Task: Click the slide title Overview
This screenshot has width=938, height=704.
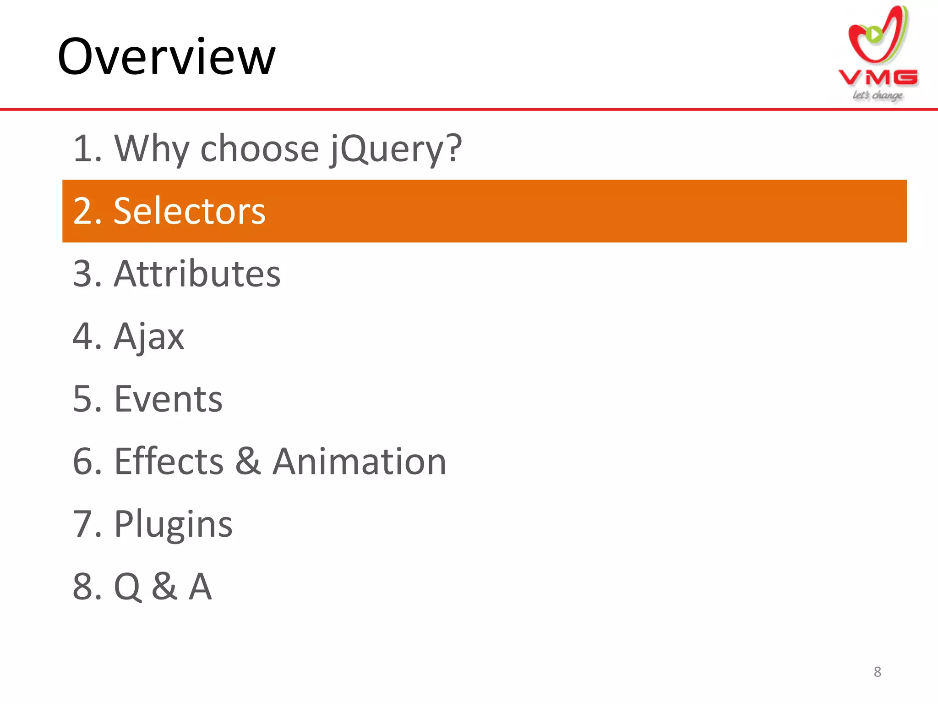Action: point(167,57)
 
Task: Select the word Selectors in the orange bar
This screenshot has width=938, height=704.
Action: point(189,211)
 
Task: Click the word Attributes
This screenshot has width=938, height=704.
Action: point(197,274)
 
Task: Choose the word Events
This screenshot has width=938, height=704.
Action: point(168,399)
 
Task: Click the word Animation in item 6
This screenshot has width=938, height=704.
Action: point(360,462)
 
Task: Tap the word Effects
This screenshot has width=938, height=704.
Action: point(169,462)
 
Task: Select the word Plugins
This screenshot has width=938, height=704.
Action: point(173,524)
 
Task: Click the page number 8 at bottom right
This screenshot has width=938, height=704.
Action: point(877,672)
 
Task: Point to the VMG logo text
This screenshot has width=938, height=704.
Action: point(878,77)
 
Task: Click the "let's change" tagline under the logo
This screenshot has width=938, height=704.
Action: point(877,95)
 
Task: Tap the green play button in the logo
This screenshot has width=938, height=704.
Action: point(874,34)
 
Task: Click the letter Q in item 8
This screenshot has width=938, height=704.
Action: point(127,587)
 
